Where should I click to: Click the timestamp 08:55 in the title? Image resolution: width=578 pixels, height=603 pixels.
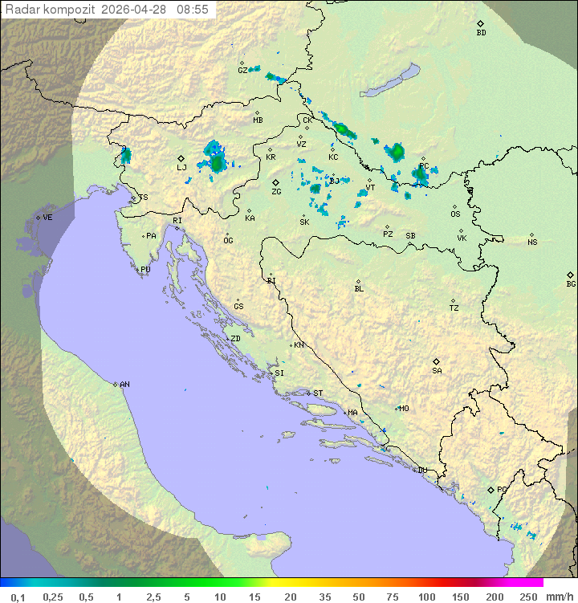193,9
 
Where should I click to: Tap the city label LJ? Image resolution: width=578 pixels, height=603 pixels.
181,167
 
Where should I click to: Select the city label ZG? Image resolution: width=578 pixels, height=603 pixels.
276,192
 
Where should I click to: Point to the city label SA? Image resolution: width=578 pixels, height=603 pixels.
437,370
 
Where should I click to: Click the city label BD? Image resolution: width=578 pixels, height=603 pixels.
481,33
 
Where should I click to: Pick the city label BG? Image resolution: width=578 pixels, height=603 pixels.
571,283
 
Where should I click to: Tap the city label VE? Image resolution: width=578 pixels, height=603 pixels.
47,218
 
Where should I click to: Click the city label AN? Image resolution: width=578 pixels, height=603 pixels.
124,385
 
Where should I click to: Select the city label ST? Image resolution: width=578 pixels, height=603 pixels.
318,393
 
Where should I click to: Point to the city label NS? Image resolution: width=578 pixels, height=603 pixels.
532,242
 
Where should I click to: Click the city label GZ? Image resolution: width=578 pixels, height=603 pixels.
242,70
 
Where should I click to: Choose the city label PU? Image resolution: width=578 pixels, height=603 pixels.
145,270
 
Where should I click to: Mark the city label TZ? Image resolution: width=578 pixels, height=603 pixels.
454,308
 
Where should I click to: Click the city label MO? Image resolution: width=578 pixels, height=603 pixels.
404,409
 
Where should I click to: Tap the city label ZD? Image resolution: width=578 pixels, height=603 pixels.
235,339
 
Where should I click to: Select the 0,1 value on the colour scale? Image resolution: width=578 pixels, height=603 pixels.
18,597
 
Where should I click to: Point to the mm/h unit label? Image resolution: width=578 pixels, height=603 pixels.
559,597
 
